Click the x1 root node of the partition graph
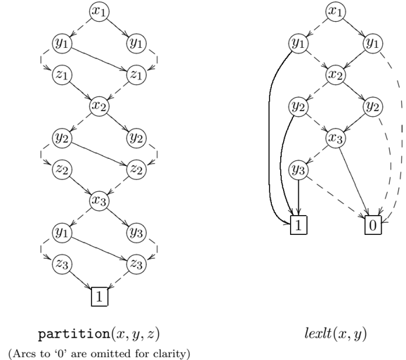[99, 12]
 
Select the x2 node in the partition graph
[99, 106]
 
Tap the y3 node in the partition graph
[136, 232]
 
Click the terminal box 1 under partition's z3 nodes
[100, 297]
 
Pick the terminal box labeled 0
[373, 225]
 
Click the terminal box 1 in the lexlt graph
[299, 225]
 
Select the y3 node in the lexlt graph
[299, 169]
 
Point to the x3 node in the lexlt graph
[336, 138]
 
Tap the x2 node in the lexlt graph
[336, 75]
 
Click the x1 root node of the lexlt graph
[336, 12]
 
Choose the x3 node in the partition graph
[99, 200]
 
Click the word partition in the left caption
[74, 335]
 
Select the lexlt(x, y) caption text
[336, 334]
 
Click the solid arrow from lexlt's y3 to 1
[299, 198]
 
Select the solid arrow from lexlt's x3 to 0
[354, 181]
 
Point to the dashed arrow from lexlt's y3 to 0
[336, 196]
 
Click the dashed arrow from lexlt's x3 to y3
[317, 154]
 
